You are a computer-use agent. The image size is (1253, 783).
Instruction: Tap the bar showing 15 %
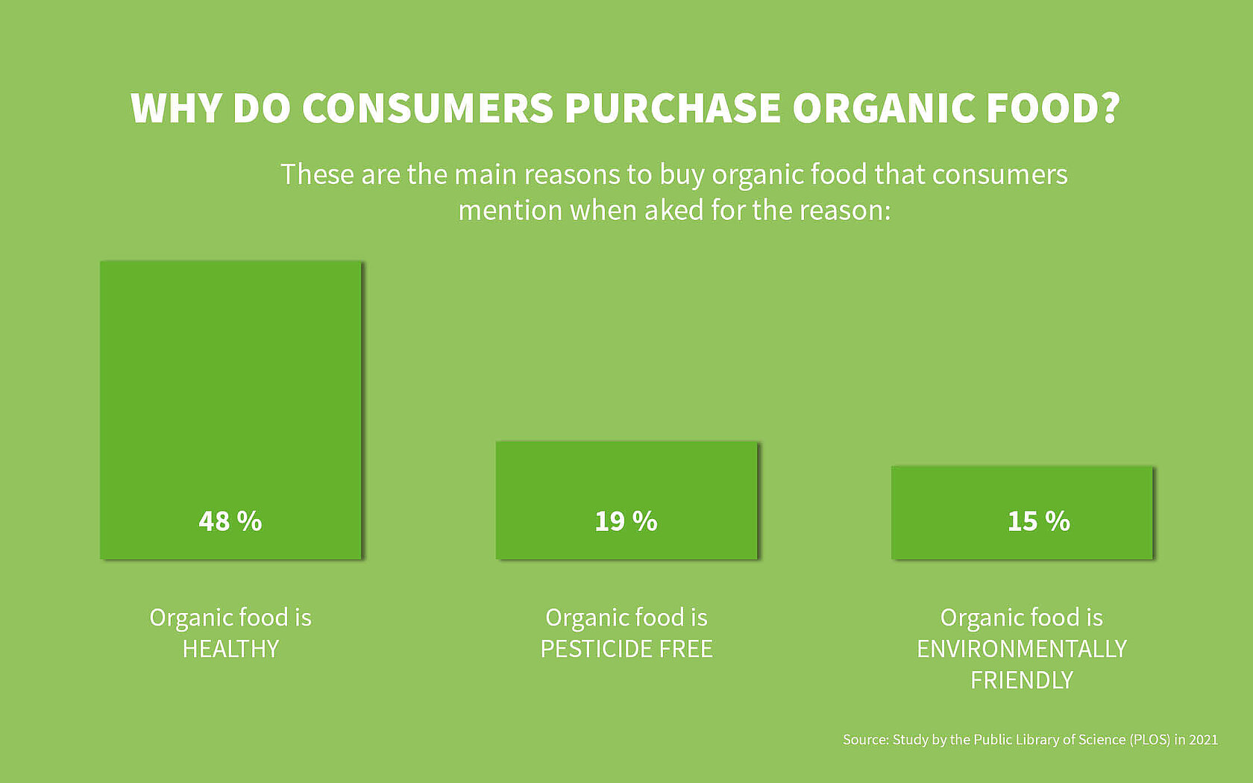pos(1022,492)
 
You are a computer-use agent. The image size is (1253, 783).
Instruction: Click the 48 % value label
pos(230,521)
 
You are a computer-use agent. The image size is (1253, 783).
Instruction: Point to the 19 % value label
pos(626,521)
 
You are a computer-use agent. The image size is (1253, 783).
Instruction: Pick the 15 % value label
pos(1039,521)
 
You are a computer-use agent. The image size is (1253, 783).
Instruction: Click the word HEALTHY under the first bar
pos(230,650)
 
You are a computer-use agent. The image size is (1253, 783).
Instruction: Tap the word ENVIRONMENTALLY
pos(1022,650)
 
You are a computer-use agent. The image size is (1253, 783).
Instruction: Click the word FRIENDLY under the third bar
pos(1022,681)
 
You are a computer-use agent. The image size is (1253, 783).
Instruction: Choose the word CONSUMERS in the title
pos(427,109)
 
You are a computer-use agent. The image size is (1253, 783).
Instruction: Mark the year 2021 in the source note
pos(1203,740)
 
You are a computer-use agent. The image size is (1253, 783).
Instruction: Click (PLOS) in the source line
pos(1149,740)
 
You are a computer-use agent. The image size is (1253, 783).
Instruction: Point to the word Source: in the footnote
pos(866,740)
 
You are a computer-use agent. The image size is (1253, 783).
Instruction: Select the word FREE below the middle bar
pos(685,650)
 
